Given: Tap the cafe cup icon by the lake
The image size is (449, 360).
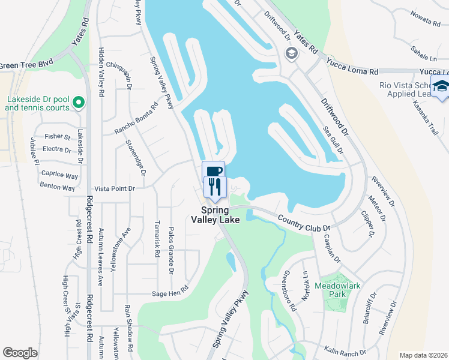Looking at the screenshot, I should click(x=213, y=170).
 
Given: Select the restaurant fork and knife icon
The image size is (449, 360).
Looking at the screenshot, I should click(x=214, y=187).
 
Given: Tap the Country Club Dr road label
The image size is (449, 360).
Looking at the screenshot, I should click(x=304, y=224).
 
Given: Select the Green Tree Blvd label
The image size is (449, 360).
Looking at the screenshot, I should click(x=27, y=64).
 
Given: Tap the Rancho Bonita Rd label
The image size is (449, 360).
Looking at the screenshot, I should click(x=137, y=118).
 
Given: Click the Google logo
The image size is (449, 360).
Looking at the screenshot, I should click(x=20, y=353).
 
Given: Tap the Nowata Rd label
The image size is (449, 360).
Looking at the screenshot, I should click(x=425, y=20).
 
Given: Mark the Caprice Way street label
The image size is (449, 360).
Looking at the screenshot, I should click(x=59, y=176).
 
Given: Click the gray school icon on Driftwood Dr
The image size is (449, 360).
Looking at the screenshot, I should click(x=292, y=54).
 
